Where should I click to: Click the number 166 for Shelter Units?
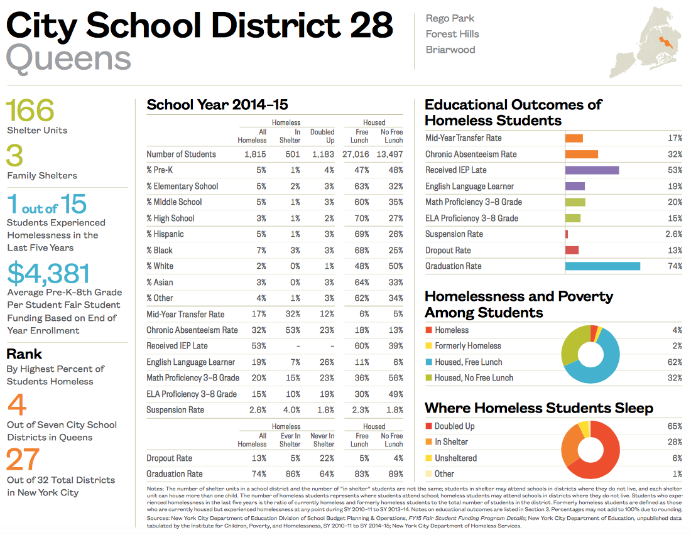point(30,111)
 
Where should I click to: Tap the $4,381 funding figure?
point(48,273)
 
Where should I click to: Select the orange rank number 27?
point(23,460)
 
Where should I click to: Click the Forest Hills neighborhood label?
point(452,34)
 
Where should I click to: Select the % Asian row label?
point(160,282)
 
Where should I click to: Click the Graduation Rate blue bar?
point(602,266)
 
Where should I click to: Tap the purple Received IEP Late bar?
point(592,170)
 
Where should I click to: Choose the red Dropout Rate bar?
point(572,250)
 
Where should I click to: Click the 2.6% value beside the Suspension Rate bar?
point(673,234)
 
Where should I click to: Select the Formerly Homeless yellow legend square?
point(429,346)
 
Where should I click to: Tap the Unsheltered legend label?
point(455,458)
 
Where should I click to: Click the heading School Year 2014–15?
point(217,105)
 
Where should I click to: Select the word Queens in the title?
point(68,58)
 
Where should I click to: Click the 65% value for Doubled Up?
point(673,426)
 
